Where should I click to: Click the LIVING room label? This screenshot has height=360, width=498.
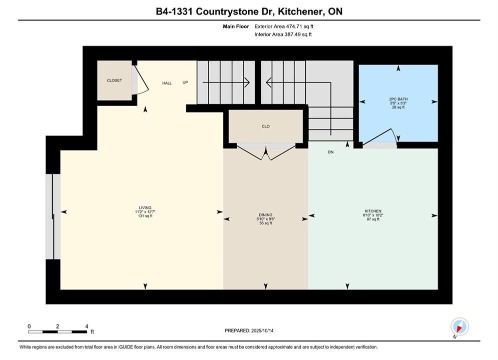pyautogui.click(x=145, y=208)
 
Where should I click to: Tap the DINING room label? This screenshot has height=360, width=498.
pyautogui.click(x=265, y=214)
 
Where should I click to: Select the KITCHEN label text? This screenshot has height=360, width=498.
pyautogui.click(x=373, y=211)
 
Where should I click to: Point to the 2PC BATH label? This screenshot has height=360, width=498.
pyautogui.click(x=398, y=99)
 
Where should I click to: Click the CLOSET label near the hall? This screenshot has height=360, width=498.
pyautogui.click(x=114, y=80)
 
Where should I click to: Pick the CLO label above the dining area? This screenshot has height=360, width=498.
pyautogui.click(x=265, y=126)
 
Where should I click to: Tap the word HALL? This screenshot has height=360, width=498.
pyautogui.click(x=167, y=83)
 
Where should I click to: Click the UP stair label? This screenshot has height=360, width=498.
pyautogui.click(x=185, y=82)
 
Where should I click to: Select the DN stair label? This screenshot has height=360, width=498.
pyautogui.click(x=331, y=152)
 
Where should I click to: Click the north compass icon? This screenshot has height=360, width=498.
pyautogui.click(x=459, y=326)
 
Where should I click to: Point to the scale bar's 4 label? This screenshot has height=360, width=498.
pyautogui.click(x=87, y=326)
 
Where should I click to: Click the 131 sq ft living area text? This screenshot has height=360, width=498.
pyautogui.click(x=145, y=216)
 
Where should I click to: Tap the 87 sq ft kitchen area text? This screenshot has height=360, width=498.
pyautogui.click(x=373, y=219)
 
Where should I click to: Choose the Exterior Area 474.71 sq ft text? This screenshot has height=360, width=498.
pyautogui.click(x=284, y=26)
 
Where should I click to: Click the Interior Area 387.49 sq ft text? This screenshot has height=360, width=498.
pyautogui.click(x=283, y=34)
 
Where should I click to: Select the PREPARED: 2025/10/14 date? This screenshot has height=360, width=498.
pyautogui.click(x=249, y=330)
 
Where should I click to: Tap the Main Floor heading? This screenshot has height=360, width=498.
pyautogui.click(x=236, y=26)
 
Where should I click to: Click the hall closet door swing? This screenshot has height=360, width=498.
pyautogui.click(x=141, y=79)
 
